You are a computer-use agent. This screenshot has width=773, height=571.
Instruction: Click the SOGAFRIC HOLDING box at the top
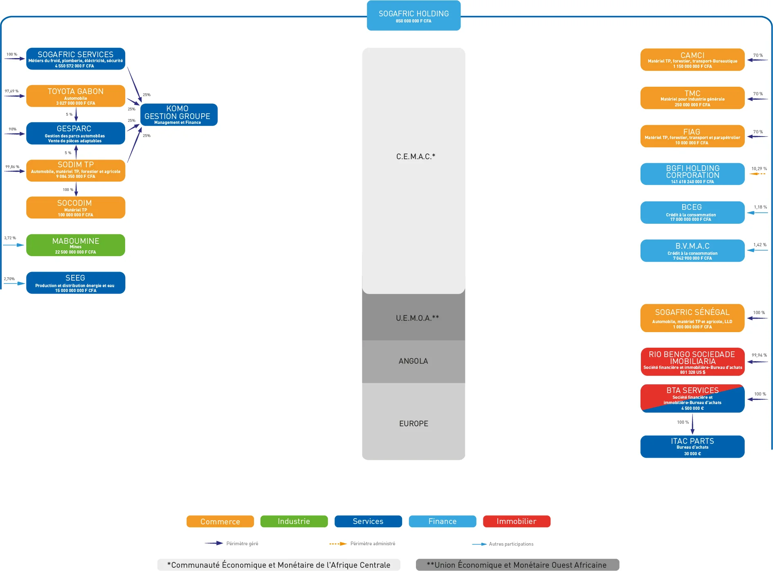click(x=413, y=16)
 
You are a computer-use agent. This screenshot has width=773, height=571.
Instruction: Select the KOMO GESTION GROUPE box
click(x=179, y=115)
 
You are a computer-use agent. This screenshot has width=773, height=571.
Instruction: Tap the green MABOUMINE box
click(x=76, y=245)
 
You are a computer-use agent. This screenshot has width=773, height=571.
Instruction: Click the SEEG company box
click(x=76, y=283)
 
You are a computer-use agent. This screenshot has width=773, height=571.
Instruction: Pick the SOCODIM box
click(x=76, y=207)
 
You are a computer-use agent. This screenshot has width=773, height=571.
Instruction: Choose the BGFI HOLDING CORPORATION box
click(x=692, y=174)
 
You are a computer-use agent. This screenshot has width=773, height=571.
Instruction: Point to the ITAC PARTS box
click(x=692, y=447)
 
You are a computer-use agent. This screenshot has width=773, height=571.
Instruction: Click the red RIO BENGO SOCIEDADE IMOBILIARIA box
click(x=692, y=362)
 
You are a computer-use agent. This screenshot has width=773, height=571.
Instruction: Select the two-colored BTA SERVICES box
click(x=692, y=398)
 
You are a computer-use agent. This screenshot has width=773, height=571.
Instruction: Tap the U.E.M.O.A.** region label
click(x=417, y=318)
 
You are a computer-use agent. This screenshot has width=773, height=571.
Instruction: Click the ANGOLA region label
click(x=413, y=361)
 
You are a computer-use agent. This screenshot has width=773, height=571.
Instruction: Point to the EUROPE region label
click(x=413, y=423)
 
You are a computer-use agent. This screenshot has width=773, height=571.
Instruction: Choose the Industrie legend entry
click(x=294, y=522)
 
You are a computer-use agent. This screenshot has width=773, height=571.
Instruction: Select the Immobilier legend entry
click(x=517, y=522)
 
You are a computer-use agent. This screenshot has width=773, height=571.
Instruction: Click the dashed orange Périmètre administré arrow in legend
click(x=338, y=544)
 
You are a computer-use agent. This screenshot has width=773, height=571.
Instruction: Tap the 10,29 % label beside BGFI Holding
click(x=759, y=169)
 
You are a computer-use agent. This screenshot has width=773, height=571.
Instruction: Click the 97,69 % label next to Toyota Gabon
click(x=11, y=91)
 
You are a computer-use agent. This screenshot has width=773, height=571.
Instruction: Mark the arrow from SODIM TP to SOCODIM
click(x=76, y=189)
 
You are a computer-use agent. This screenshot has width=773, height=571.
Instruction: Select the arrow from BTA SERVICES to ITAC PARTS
click(x=692, y=424)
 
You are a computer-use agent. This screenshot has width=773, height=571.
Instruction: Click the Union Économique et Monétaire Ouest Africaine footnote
click(x=517, y=565)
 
